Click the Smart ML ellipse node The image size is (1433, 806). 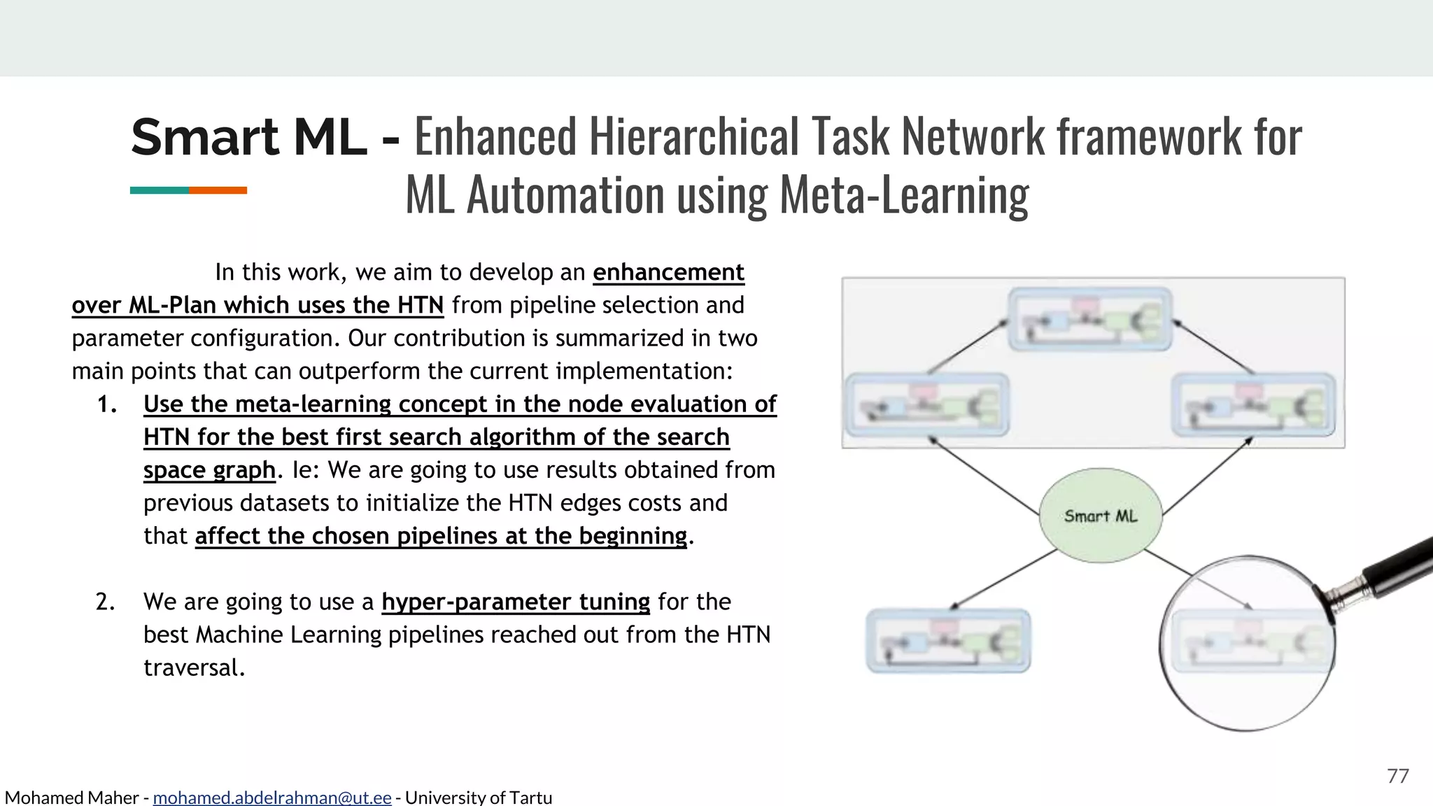click(x=1100, y=516)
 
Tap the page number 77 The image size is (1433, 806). click(x=1397, y=775)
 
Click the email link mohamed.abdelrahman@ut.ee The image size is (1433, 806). click(x=272, y=798)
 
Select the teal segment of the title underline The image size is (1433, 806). click(x=159, y=190)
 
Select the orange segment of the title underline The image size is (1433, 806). click(x=218, y=190)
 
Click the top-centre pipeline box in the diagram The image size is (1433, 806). click(x=1090, y=319)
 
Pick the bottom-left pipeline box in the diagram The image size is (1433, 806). click(x=948, y=641)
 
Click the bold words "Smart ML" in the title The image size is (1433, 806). click(x=248, y=137)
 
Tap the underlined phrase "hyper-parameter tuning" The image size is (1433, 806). click(x=516, y=602)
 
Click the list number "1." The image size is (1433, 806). click(x=106, y=404)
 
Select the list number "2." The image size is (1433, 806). click(x=105, y=602)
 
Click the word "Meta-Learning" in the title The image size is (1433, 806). click(x=904, y=195)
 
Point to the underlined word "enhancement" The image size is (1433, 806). click(x=668, y=272)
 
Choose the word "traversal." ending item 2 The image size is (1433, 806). click(x=194, y=667)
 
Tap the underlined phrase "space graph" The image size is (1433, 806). click(x=209, y=470)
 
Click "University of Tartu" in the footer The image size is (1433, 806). click(x=479, y=798)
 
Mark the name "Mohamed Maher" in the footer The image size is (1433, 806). click(x=71, y=798)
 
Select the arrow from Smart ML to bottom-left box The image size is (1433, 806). click(x=1003, y=579)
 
